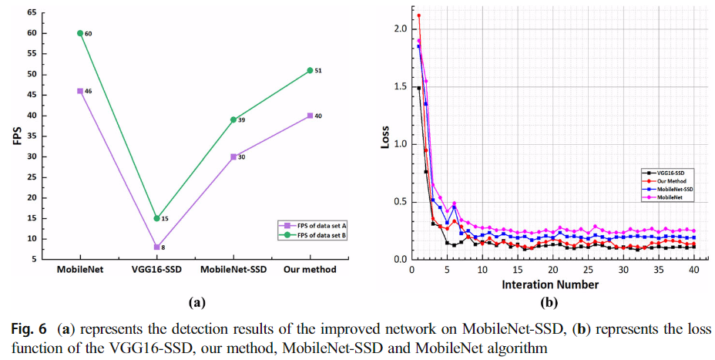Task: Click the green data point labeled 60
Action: (x=79, y=33)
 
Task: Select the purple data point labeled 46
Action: (x=79, y=91)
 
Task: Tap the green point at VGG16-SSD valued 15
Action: (x=156, y=218)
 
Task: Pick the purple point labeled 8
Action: (x=156, y=247)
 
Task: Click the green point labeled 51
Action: (x=310, y=70)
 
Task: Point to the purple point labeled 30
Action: (x=233, y=156)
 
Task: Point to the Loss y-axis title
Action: (x=385, y=133)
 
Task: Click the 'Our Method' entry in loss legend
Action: (x=667, y=180)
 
